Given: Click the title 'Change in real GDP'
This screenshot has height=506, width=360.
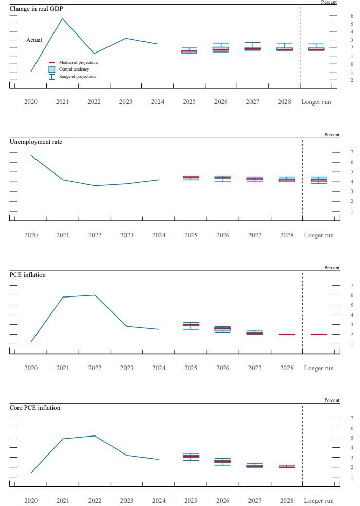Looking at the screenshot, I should [x=37, y=9].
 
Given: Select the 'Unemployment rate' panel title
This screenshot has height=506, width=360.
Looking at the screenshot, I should [x=36, y=141].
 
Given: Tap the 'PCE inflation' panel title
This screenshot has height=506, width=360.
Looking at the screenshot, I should [x=28, y=275].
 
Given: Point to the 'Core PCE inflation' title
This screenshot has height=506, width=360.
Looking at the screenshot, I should [x=35, y=408].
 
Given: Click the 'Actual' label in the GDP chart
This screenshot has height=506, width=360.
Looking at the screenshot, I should [x=34, y=40].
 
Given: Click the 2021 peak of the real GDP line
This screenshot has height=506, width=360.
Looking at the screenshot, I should [x=62, y=19].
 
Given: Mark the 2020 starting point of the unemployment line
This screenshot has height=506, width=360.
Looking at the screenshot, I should [x=31, y=155].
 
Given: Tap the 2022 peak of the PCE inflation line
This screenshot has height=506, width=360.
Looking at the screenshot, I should [x=95, y=295].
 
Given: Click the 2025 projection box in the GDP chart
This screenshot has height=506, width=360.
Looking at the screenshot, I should [x=189, y=51].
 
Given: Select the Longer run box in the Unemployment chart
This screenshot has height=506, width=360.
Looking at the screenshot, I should [x=319, y=180].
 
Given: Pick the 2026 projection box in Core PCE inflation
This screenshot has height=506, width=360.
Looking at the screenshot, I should [x=223, y=461].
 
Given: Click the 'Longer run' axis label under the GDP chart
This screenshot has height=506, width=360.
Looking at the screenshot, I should [x=316, y=102].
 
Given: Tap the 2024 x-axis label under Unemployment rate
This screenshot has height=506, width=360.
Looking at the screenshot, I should [x=159, y=235].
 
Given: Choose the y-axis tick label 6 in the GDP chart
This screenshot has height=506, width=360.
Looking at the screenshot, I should [x=337, y=16].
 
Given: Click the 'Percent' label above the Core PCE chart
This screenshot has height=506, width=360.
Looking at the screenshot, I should [x=332, y=400].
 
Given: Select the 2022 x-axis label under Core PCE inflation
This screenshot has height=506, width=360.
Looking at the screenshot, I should [x=95, y=500].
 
